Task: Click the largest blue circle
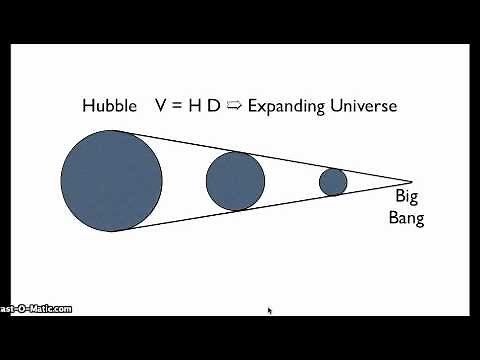point(111,180)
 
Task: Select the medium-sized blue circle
point(235,181)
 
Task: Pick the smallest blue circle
point(333,182)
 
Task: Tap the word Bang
point(406,219)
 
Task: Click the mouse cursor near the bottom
point(269,310)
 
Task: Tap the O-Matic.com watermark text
point(36,308)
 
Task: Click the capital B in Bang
point(393,218)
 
